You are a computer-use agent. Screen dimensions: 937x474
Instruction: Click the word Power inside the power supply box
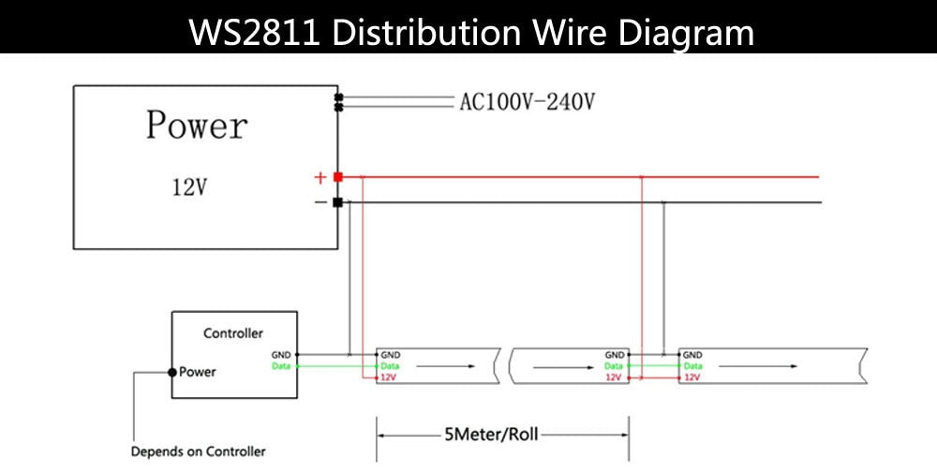(x=197, y=126)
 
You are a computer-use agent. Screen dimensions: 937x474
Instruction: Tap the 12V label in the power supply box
(x=189, y=187)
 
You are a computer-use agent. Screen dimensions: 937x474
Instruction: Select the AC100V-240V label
(x=527, y=102)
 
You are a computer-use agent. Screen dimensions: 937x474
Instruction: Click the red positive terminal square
(x=337, y=177)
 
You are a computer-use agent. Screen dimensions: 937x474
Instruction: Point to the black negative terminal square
(x=337, y=202)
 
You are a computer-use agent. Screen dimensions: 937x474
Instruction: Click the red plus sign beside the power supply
(x=320, y=178)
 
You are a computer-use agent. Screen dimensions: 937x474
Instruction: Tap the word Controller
(x=233, y=333)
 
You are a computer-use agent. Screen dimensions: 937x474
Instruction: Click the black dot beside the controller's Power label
(x=172, y=372)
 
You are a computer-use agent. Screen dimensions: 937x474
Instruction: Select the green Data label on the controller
(x=281, y=366)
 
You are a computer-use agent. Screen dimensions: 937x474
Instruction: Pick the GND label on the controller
(x=281, y=355)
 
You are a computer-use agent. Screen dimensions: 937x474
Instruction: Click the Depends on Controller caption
(x=199, y=452)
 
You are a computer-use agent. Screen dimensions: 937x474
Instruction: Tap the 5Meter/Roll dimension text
(x=491, y=435)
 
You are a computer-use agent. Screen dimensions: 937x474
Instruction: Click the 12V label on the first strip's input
(x=388, y=378)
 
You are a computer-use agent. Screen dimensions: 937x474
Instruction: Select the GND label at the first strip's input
(x=391, y=355)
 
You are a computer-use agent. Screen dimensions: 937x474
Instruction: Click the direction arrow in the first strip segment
(x=446, y=366)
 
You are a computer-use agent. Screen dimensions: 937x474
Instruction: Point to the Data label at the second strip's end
(x=614, y=366)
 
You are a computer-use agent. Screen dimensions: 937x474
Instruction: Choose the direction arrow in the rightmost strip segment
(x=758, y=366)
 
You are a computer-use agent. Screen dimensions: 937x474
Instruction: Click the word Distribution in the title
(x=426, y=32)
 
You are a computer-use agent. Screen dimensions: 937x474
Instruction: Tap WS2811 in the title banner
(x=255, y=33)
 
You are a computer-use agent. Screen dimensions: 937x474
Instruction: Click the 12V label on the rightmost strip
(x=692, y=378)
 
